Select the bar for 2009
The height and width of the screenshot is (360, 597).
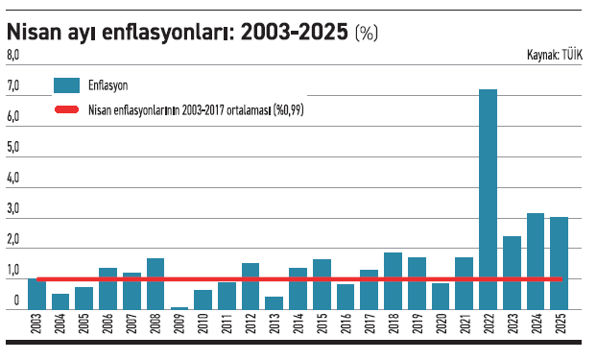tap(179, 307)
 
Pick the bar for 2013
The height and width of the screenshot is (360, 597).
tap(275, 302)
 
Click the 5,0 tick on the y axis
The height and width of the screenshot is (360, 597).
tap(13, 148)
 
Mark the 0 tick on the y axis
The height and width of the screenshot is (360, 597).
tap(16, 301)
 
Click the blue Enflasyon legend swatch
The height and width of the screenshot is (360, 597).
tap(66, 85)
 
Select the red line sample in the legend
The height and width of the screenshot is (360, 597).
tap(66, 109)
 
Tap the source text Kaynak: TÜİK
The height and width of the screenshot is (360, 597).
tap(556, 56)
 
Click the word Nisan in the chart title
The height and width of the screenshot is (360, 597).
tap(36, 32)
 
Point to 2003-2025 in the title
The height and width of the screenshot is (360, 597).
tap(294, 32)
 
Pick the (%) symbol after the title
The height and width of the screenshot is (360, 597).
tap(367, 34)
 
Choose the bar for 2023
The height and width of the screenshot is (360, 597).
tap(512, 273)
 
